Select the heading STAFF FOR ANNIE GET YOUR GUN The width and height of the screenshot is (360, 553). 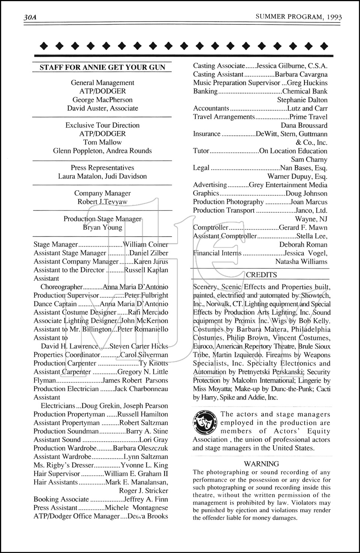coord(102,67)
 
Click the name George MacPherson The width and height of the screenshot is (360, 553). coord(102,100)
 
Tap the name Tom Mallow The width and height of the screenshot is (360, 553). coord(102,142)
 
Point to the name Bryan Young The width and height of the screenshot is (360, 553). coord(102,227)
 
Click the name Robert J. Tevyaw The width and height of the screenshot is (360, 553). coord(102,202)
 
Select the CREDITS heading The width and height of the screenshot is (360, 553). coord(261,275)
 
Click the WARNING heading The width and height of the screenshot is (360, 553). coord(262,464)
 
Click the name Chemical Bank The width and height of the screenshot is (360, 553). coord(305,91)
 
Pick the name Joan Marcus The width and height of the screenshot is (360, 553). coord(309,202)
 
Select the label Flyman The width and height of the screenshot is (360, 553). coord(45,380)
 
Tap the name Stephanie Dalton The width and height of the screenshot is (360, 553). coord(302,100)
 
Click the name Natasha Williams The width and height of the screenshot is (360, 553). coord(301,262)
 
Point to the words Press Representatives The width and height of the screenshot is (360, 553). coord(102,168)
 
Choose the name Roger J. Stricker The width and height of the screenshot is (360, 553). coord(143,491)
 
